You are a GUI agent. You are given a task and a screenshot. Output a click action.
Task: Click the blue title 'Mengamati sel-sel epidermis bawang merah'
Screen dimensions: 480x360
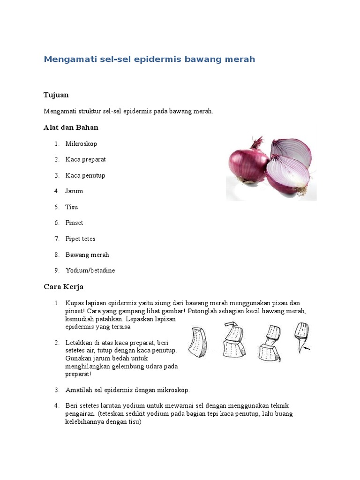(x=149, y=60)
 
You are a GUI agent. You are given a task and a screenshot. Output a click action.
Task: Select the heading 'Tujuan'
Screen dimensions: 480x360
(x=56, y=95)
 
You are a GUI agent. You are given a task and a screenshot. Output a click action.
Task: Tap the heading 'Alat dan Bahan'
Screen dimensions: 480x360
(x=71, y=127)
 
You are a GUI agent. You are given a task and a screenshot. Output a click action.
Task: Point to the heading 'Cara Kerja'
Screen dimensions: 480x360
(x=63, y=286)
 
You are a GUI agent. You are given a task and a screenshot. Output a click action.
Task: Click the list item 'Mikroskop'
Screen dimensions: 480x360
(x=81, y=143)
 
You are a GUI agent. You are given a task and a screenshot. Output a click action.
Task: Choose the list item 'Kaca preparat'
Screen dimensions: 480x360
(x=85, y=159)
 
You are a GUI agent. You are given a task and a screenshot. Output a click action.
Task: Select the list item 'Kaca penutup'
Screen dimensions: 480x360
(x=85, y=175)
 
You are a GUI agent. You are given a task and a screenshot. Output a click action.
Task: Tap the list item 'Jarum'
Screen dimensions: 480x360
(x=74, y=191)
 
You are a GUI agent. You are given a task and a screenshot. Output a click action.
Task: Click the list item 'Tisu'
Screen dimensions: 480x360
(x=72, y=207)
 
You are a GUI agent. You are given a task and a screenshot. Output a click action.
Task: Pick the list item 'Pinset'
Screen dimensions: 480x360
(x=74, y=223)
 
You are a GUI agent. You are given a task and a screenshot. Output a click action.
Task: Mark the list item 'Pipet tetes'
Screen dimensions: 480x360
(x=80, y=239)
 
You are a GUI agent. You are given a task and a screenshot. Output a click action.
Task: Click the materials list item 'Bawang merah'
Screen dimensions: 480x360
(x=87, y=255)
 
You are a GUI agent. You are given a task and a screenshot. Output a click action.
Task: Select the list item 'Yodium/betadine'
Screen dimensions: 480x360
(x=90, y=270)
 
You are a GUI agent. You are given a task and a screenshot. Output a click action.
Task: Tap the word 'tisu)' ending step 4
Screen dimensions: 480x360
(x=133, y=421)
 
